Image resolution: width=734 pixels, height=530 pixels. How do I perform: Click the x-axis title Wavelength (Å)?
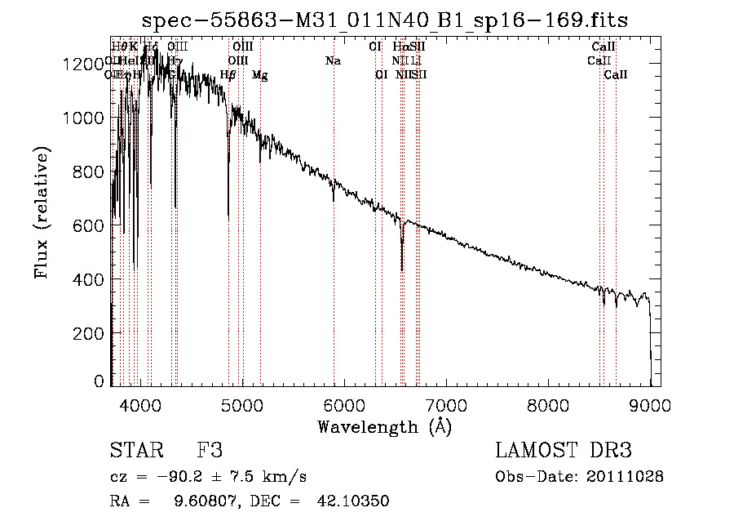point(384,426)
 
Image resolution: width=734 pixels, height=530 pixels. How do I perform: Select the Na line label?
point(333,61)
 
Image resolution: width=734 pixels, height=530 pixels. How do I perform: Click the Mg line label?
point(259,75)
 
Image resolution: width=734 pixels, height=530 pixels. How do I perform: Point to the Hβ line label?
point(228,75)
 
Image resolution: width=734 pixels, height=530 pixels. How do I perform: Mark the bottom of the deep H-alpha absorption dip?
point(402,269)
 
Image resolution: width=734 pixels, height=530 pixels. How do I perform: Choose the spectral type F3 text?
point(210,451)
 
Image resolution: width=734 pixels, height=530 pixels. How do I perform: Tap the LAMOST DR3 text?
point(563,451)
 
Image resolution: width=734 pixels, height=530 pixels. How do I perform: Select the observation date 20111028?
point(626,477)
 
